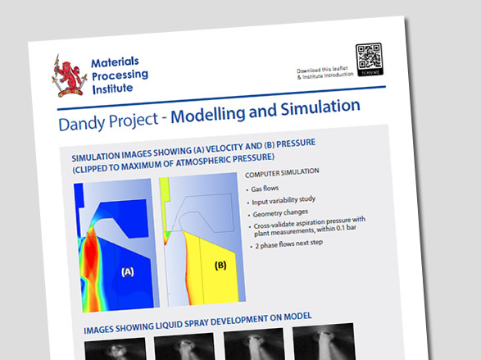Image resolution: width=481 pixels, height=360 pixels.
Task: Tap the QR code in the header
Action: pyautogui.click(x=370, y=58)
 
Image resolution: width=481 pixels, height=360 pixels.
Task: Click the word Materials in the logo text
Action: pyautogui.click(x=114, y=62)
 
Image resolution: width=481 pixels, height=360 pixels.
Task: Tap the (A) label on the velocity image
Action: pyautogui.click(x=128, y=270)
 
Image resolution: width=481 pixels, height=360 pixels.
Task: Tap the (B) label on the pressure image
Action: pyautogui.click(x=220, y=265)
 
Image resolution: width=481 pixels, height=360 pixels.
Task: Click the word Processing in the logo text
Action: pyautogui.click(x=119, y=77)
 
